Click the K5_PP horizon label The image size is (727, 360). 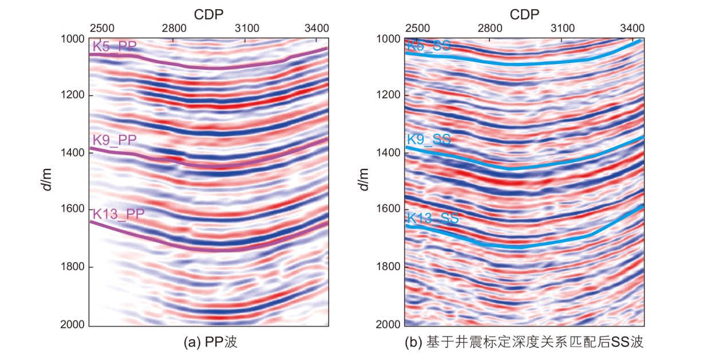[114, 47]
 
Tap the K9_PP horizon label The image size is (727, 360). [114, 140]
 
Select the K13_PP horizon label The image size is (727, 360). [118, 215]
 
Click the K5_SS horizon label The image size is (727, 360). [429, 46]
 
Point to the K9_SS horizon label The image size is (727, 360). [429, 139]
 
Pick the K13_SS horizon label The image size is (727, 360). [432, 218]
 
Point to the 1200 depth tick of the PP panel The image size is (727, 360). [73, 95]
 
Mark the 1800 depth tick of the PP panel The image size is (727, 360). [73, 267]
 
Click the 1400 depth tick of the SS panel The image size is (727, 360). [389, 152]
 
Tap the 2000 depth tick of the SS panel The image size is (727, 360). [389, 325]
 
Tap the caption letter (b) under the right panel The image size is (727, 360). [413, 343]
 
